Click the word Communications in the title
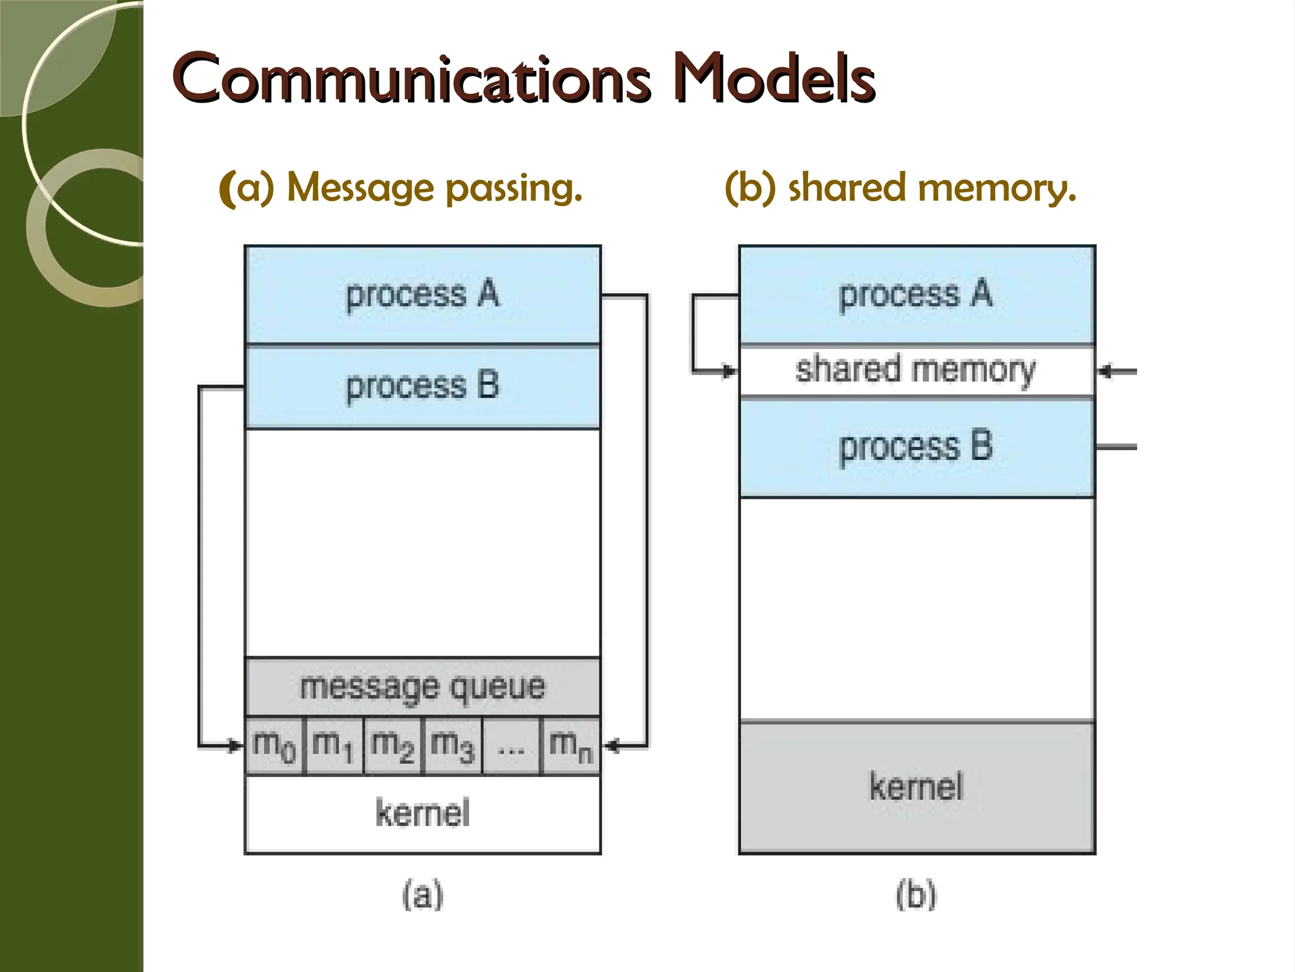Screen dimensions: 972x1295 pyautogui.click(x=411, y=79)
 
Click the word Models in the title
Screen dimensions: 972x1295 pyautogui.click(x=775, y=79)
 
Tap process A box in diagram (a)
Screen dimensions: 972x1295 pyautogui.click(x=422, y=295)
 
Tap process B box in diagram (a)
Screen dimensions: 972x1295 pyautogui.click(x=422, y=386)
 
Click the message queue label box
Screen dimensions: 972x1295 pyautogui.click(x=422, y=687)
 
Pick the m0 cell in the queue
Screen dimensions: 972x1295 pyautogui.click(x=274, y=745)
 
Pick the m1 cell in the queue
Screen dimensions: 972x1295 pyautogui.click(x=334, y=745)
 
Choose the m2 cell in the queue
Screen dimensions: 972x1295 pyautogui.click(x=393, y=745)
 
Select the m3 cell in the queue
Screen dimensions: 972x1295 pyautogui.click(x=453, y=745)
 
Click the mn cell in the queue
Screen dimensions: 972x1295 pyautogui.click(x=570, y=745)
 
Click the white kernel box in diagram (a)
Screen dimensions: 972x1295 pyautogui.click(x=422, y=814)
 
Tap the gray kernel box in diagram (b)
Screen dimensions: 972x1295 pyautogui.click(x=917, y=787)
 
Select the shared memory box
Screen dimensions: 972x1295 pyautogui.click(x=917, y=371)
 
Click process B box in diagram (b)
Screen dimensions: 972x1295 pyautogui.click(x=917, y=447)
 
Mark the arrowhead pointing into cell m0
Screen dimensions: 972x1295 pyautogui.click(x=236, y=747)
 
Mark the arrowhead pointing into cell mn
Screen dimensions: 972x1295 pyautogui.click(x=610, y=747)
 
